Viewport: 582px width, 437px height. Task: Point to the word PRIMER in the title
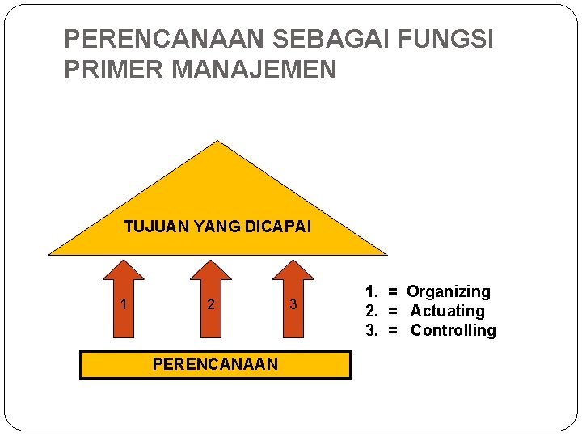[112, 70]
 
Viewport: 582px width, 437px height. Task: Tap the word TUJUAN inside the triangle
[158, 227]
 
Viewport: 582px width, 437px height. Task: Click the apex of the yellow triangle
[217, 142]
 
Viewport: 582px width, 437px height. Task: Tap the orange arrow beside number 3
[294, 299]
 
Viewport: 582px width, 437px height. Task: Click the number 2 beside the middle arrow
[210, 305]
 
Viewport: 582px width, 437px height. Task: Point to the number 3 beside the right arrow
[293, 305]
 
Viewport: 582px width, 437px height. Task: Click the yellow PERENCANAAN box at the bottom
[215, 365]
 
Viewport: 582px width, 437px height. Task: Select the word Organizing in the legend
[448, 291]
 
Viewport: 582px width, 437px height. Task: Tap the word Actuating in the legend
[447, 311]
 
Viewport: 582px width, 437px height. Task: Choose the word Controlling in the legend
[453, 330]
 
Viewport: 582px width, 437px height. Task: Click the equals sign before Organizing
[392, 291]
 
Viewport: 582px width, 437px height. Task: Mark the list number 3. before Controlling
[372, 330]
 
